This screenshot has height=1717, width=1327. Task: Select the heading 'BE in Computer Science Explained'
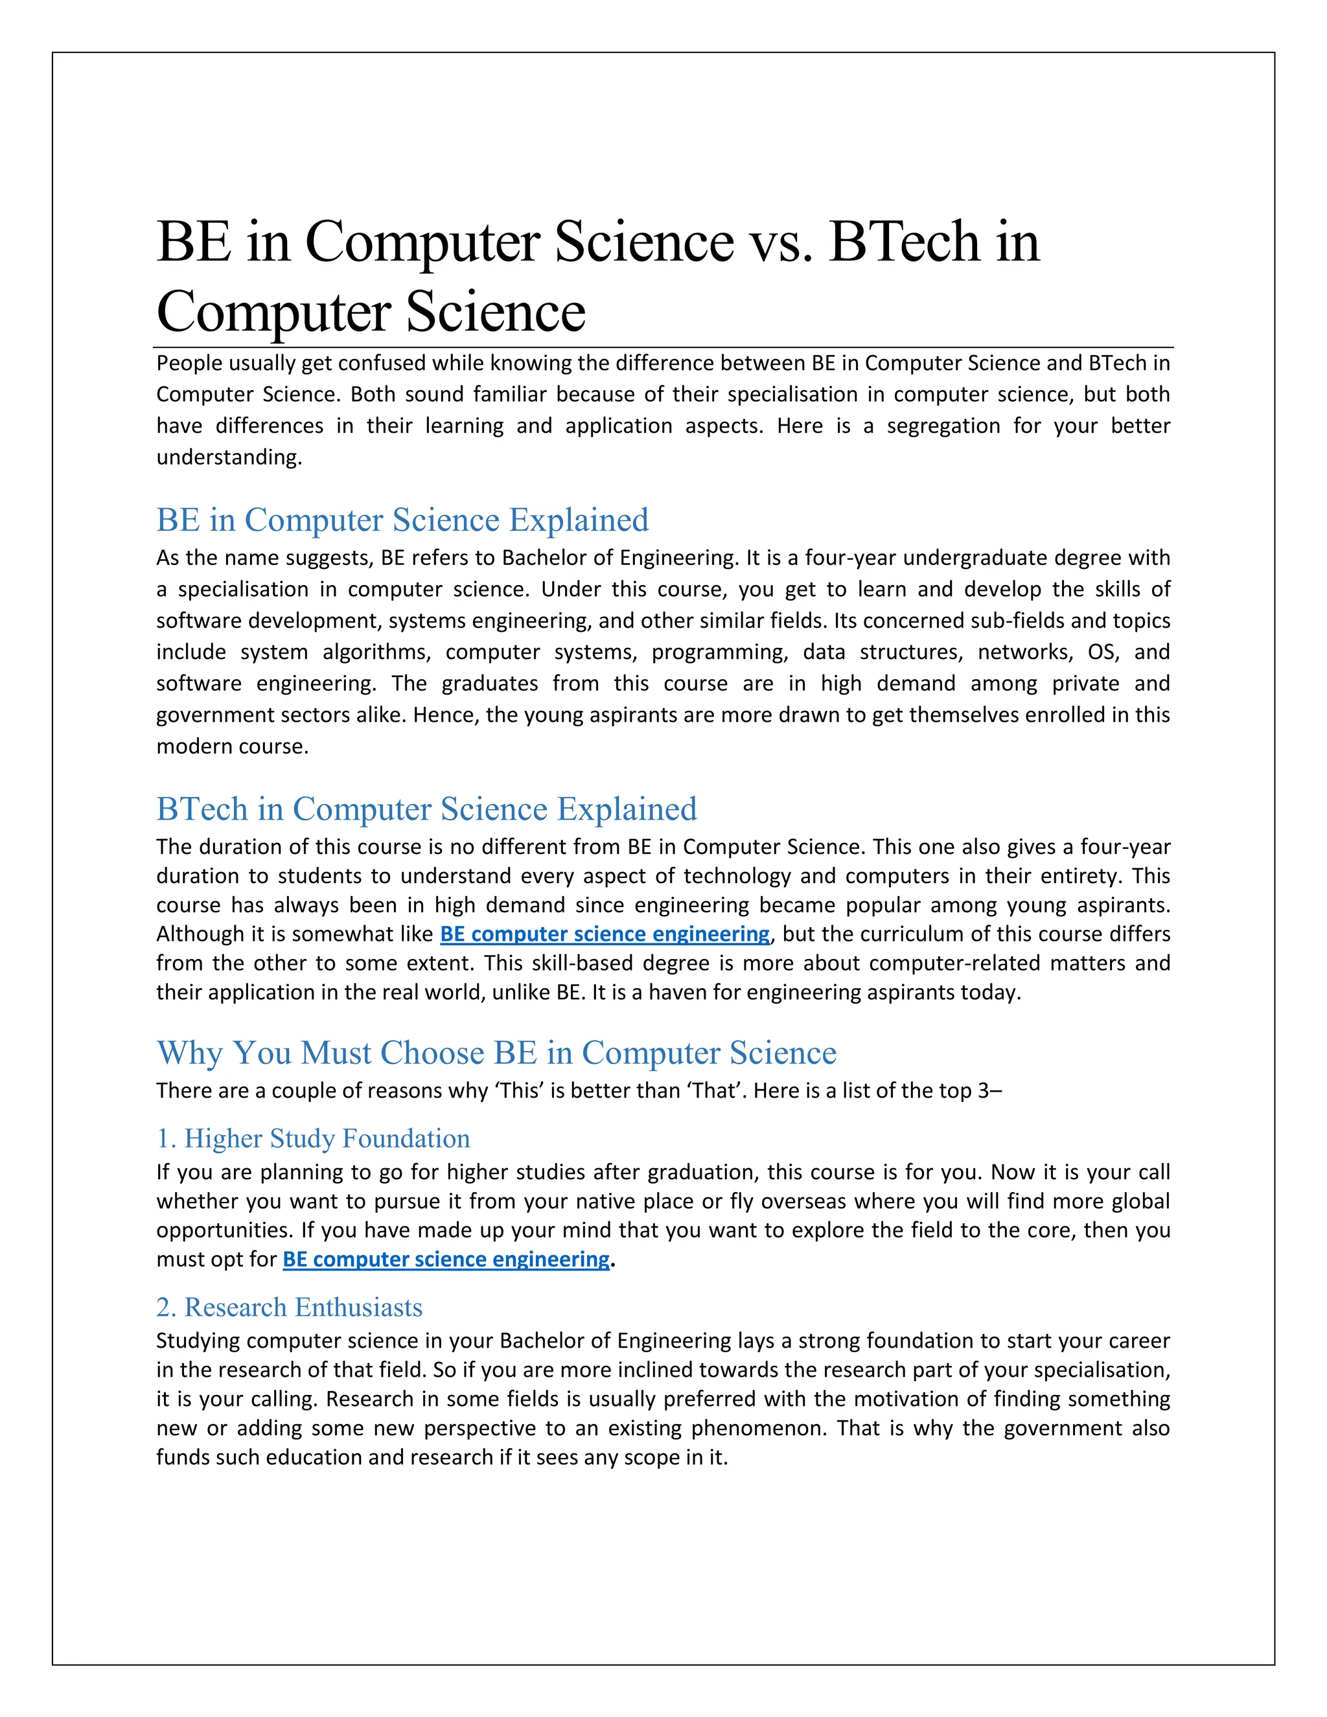[x=402, y=520]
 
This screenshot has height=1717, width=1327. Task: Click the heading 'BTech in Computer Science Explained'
[x=427, y=809]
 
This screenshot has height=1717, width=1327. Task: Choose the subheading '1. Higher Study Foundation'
[x=313, y=1138]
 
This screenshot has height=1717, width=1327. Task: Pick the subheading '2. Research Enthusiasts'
[x=289, y=1307]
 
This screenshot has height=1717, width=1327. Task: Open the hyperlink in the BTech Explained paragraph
[x=605, y=934]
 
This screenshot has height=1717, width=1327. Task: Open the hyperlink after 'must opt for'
[x=446, y=1259]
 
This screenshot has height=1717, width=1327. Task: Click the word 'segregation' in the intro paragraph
[x=943, y=426]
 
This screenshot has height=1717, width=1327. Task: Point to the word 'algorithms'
[x=377, y=652]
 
